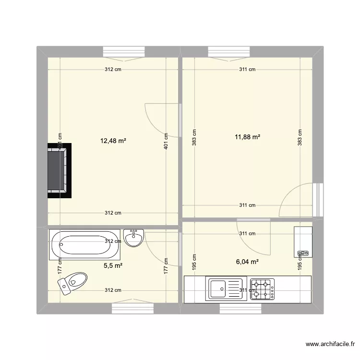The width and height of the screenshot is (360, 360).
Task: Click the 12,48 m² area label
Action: pos(113,141)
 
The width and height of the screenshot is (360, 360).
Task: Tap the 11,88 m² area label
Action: pos(247,137)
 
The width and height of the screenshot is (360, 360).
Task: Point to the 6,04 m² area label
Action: pos(247,262)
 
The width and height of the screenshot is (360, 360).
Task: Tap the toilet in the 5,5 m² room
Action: pos(73,282)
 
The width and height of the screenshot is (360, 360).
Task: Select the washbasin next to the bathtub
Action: pos(133,237)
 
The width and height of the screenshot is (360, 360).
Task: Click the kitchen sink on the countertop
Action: pos(227,289)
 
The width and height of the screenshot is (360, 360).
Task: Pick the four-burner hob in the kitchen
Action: pos(263,289)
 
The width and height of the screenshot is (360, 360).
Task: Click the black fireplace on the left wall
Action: pos(60,170)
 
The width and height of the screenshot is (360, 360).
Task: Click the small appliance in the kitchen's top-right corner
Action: pos(303,242)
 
